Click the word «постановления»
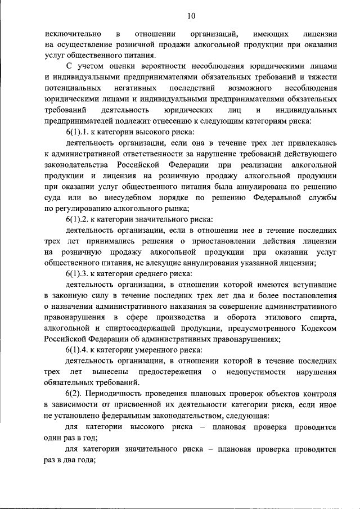312,296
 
